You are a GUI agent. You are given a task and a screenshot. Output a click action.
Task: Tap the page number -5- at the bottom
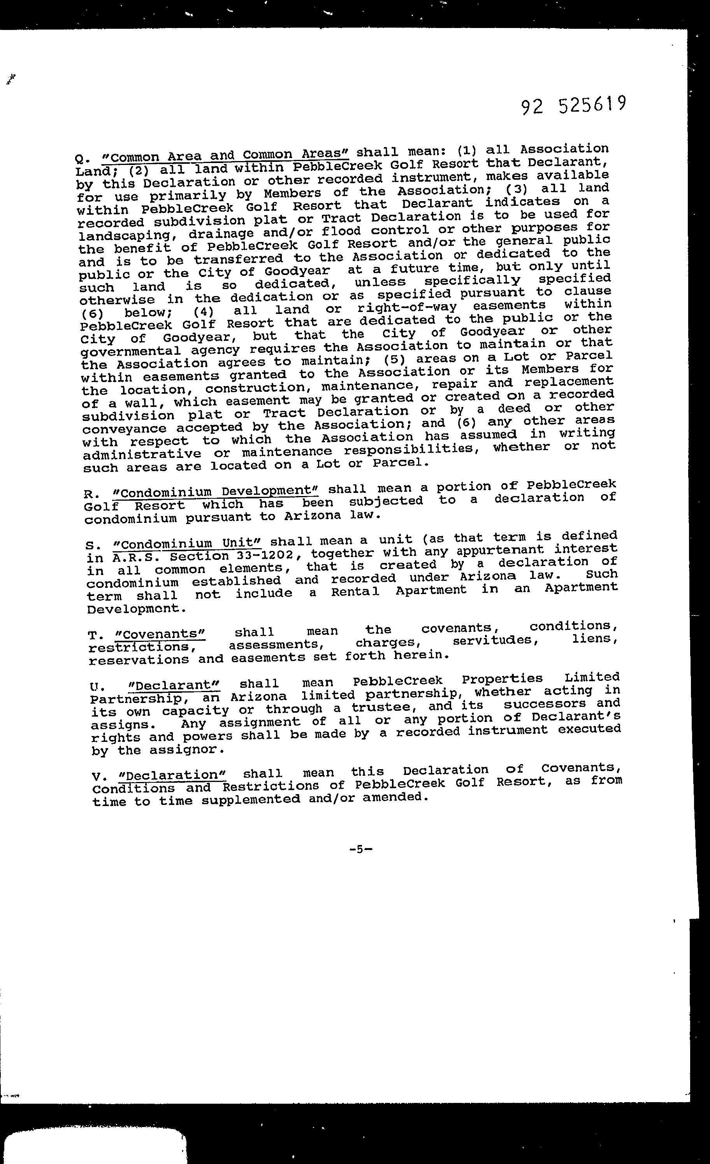coord(361,849)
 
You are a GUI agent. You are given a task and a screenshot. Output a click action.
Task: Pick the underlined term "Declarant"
coord(172,685)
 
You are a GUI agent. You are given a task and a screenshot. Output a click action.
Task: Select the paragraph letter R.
coord(88,494)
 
